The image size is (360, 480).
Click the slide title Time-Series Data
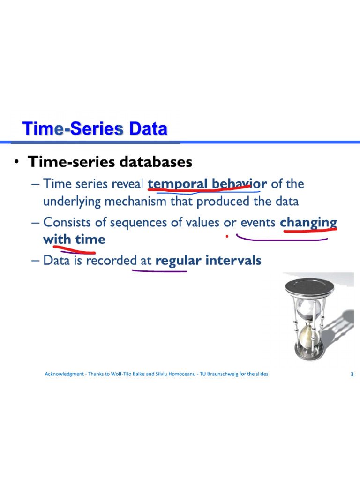point(95,128)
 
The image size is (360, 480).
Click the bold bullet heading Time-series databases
point(110,162)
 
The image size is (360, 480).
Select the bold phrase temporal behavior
point(207,184)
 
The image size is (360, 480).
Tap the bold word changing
point(308,222)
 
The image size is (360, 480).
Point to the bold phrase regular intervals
point(208,260)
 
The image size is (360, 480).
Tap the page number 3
point(352,374)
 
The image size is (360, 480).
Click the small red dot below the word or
point(227,236)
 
